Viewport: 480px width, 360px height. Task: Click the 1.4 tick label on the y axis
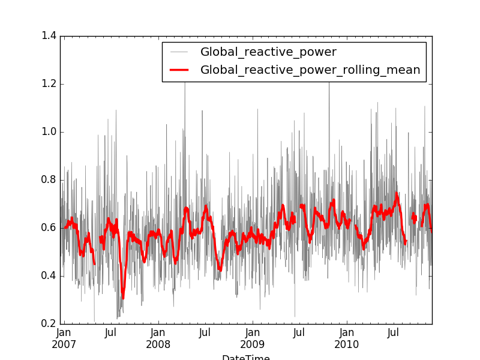click(x=49, y=36)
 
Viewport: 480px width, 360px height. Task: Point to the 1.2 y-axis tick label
click(x=49, y=84)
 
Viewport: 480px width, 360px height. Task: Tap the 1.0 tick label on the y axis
click(x=49, y=132)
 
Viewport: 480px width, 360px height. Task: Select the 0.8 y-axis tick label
click(x=49, y=180)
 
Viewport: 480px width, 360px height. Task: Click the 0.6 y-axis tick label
click(x=49, y=228)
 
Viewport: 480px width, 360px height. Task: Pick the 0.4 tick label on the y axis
click(x=49, y=276)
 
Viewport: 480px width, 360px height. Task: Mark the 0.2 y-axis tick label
click(x=49, y=324)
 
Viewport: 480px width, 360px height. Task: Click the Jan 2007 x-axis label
click(x=64, y=338)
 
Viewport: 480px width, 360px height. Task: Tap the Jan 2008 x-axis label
click(x=158, y=338)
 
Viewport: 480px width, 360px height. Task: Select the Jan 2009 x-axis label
click(x=253, y=338)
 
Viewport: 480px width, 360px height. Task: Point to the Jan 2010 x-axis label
click(x=347, y=338)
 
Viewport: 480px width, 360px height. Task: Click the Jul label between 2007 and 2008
click(x=110, y=332)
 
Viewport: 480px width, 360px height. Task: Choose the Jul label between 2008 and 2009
click(x=205, y=332)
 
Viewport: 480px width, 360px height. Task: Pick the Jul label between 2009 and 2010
click(x=299, y=332)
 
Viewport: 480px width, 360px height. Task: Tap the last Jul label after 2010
click(x=394, y=332)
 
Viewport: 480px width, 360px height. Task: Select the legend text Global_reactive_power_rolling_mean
click(x=310, y=70)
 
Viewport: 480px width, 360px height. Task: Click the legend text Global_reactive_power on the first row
click(x=268, y=52)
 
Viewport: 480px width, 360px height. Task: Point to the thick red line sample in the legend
click(x=179, y=70)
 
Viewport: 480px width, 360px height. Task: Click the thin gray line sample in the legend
click(x=179, y=52)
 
